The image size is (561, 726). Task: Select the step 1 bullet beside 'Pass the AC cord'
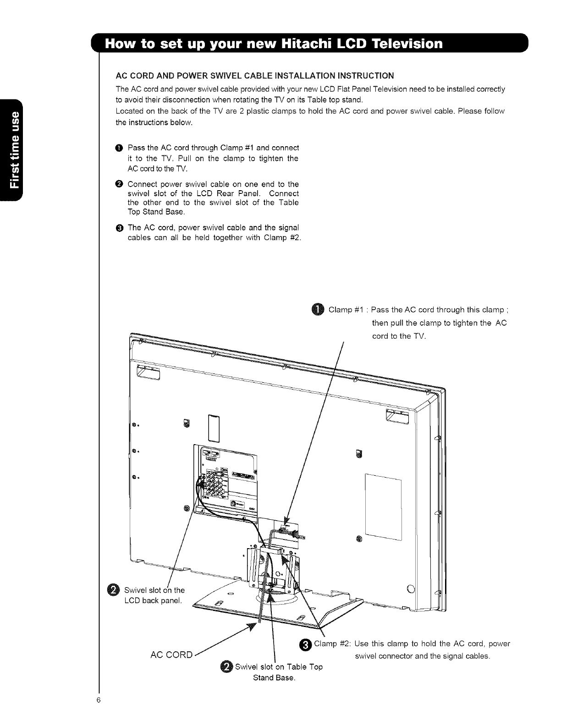tap(119, 148)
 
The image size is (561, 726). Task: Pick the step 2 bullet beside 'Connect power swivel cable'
tap(119, 184)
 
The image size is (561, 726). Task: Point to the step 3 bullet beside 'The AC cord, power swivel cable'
tap(119, 228)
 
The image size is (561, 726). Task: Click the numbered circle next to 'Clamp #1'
tap(319, 310)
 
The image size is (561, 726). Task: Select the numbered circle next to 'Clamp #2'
tap(307, 644)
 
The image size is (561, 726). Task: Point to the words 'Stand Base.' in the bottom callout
tap(274, 677)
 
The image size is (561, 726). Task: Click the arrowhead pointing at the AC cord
tap(251, 626)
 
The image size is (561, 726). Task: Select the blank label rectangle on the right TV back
tap(383, 509)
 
